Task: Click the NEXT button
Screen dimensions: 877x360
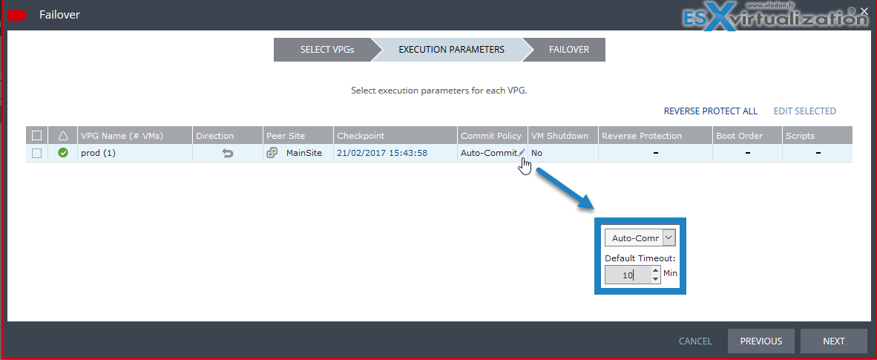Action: click(833, 341)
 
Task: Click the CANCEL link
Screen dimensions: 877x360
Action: click(695, 341)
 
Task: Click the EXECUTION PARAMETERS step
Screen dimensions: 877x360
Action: click(451, 49)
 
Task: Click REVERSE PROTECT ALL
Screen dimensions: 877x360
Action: click(710, 111)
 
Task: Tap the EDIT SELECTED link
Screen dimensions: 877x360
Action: click(804, 111)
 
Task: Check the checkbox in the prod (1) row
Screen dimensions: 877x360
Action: click(37, 153)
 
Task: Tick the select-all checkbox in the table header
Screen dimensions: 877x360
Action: click(37, 136)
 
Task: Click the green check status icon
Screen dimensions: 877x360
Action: click(63, 152)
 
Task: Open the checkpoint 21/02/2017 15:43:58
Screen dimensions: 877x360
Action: click(382, 153)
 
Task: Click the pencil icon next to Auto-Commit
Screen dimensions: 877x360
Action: click(522, 152)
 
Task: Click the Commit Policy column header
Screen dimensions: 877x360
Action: click(491, 136)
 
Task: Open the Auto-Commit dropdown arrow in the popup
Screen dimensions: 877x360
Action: click(669, 238)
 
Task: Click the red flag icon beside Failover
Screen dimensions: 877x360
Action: click(17, 15)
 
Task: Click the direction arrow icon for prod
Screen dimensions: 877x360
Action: click(228, 153)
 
